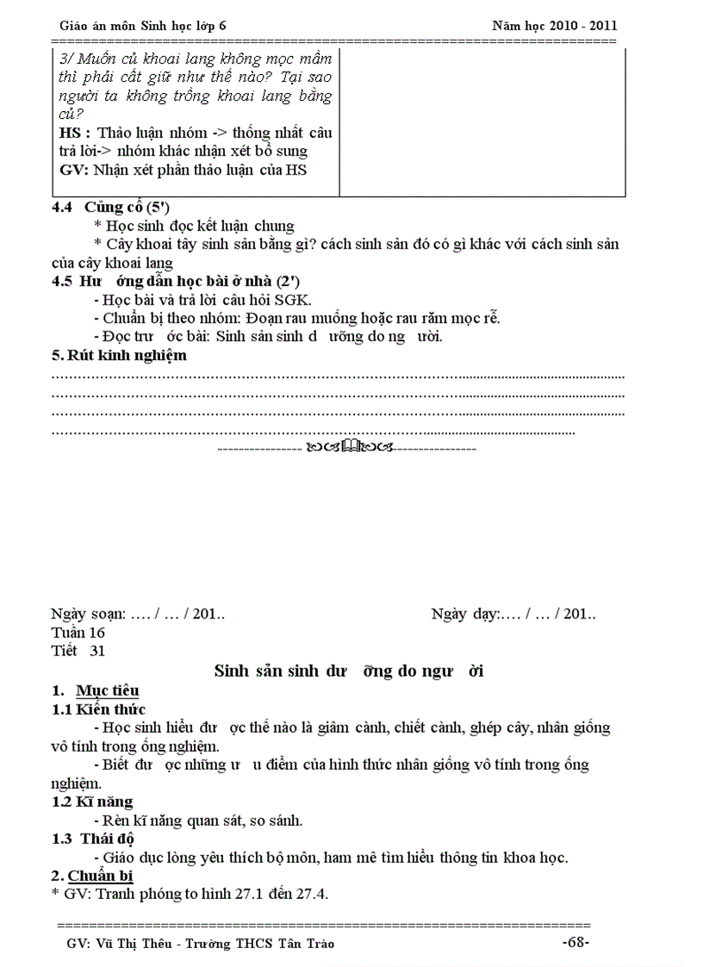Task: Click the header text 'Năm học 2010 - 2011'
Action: [554, 26]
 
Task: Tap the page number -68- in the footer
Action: [575, 942]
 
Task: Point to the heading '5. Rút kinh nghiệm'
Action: [119, 355]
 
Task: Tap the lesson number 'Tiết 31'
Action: [78, 651]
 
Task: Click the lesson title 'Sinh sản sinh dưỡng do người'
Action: [348, 672]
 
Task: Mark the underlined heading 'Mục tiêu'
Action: [107, 691]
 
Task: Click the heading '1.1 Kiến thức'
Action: [98, 709]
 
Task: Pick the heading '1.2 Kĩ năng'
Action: [92, 802]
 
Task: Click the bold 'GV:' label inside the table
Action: [74, 170]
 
